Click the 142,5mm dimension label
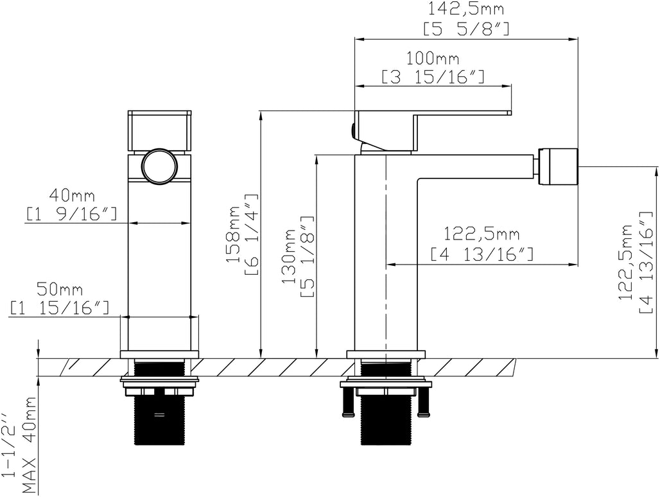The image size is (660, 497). click(x=466, y=10)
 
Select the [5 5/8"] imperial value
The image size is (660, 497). click(x=466, y=28)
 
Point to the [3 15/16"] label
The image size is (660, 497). click(x=433, y=77)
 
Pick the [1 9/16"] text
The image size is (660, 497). click(x=72, y=214)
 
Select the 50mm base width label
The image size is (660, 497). click(x=60, y=290)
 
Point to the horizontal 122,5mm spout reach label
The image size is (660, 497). click(x=482, y=234)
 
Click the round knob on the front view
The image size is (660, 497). click(x=159, y=166)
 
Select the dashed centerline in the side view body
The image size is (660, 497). click(x=385, y=257)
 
